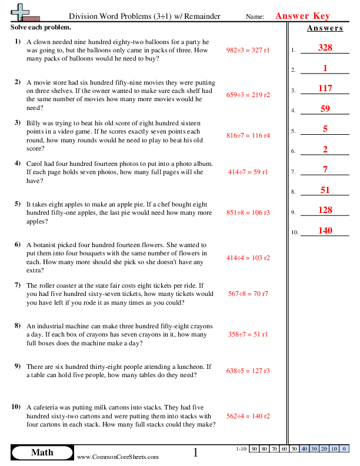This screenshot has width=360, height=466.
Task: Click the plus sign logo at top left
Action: click(x=22, y=12)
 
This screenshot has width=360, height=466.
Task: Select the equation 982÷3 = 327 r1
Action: click(x=248, y=51)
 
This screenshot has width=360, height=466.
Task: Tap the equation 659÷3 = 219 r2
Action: click(x=248, y=95)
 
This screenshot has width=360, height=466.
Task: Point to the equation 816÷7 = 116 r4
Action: click(x=248, y=135)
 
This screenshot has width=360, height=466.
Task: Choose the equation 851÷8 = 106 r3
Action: click(x=248, y=214)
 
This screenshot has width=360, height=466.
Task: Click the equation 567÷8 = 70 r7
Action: click(x=248, y=294)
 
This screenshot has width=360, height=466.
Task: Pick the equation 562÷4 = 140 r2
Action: click(x=248, y=415)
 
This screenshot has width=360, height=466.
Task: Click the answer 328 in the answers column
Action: click(x=325, y=48)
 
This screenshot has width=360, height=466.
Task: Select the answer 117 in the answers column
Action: click(x=325, y=88)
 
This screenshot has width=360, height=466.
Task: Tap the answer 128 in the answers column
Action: click(x=325, y=210)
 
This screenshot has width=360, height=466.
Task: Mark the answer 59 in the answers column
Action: click(x=325, y=109)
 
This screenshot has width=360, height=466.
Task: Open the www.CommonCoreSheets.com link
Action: click(x=118, y=457)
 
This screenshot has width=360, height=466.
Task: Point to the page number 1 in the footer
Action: click(x=196, y=452)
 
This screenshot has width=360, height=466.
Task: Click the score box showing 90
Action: click(x=255, y=449)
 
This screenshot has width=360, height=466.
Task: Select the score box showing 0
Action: click(x=344, y=449)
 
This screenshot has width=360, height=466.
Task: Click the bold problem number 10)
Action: click(x=16, y=407)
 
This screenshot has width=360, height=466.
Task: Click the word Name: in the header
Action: click(x=255, y=17)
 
